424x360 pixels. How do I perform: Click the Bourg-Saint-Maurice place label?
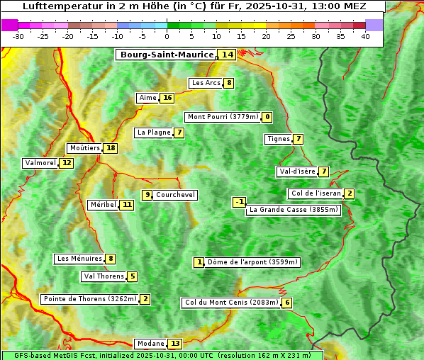pyautogui.click(x=167, y=55)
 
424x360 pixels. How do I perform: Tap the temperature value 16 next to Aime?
pyautogui.click(x=167, y=98)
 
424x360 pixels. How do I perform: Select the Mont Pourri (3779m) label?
pyautogui.click(x=222, y=117)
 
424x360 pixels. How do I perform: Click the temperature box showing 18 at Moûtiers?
pyautogui.click(x=110, y=148)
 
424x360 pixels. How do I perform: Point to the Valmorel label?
pyautogui.click(x=40, y=163)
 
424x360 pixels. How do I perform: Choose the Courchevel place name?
pyautogui.click(x=175, y=195)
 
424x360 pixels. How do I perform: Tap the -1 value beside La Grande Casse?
pyautogui.click(x=240, y=202)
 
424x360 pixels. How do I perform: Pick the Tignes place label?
pyautogui.click(x=278, y=139)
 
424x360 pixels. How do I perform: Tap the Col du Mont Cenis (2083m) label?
pyautogui.click(x=230, y=303)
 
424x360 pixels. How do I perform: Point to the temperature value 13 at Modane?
pyautogui.click(x=175, y=344)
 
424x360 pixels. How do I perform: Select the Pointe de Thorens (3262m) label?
pyautogui.click(x=89, y=299)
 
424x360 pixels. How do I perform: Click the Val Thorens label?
pyautogui.click(x=104, y=276)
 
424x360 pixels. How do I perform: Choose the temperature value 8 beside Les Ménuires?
pyautogui.click(x=111, y=259)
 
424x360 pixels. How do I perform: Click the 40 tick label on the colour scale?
pyautogui.click(x=365, y=37)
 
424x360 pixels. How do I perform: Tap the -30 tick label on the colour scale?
pyautogui.click(x=18, y=37)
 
